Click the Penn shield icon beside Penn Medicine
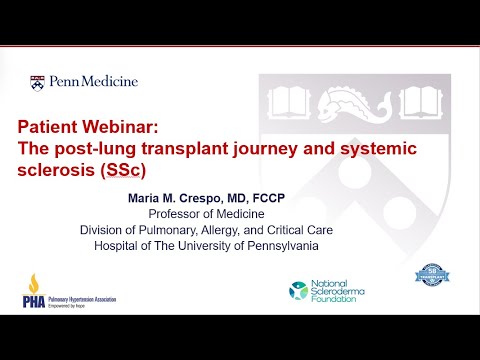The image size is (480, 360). tap(37, 81)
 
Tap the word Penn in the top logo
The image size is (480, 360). tap(65, 81)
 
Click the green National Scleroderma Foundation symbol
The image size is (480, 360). tap(298, 291)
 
